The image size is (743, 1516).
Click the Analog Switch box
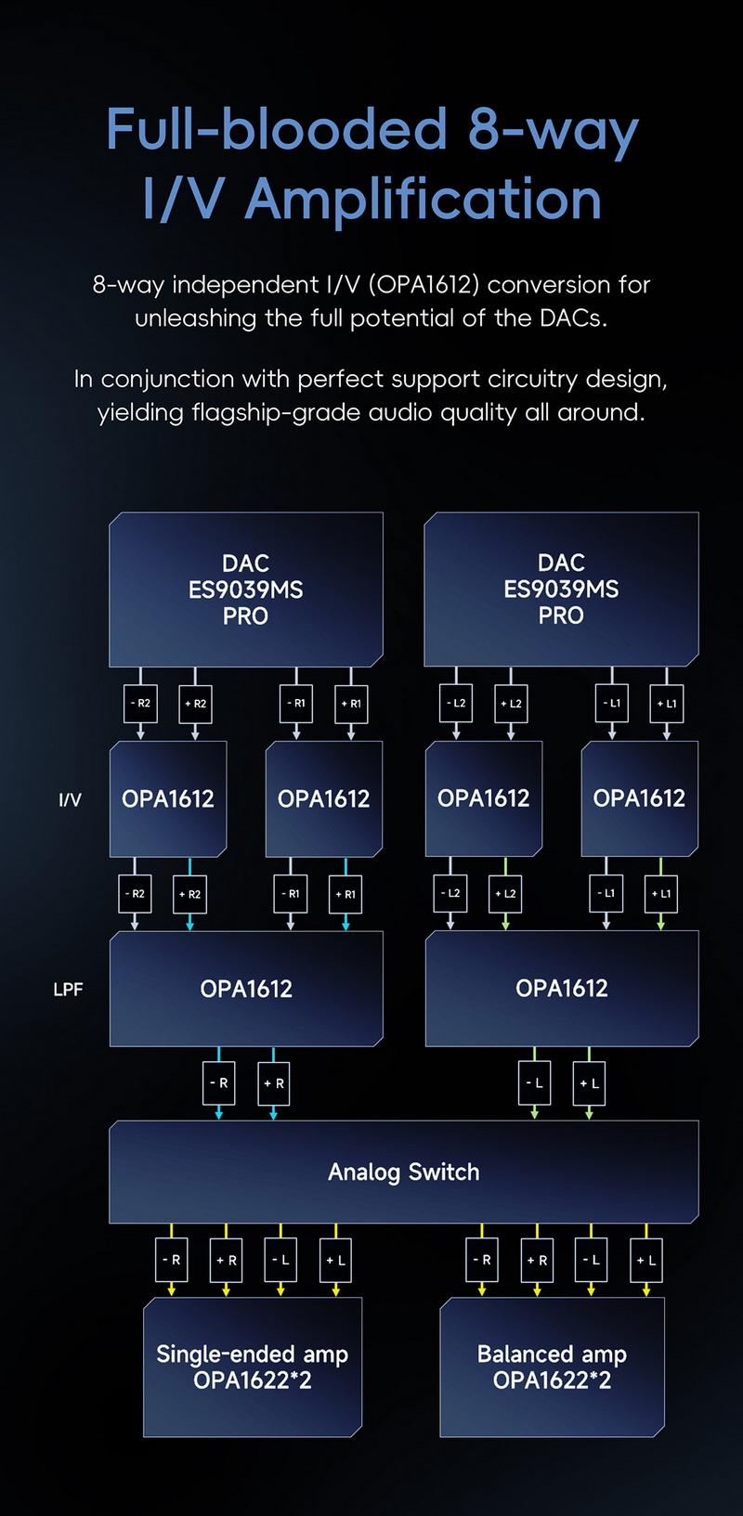[x=403, y=1172]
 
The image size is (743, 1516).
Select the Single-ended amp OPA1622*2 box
[x=252, y=1367]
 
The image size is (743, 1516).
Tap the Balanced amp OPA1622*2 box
[x=552, y=1367]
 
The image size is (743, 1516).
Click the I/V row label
[x=70, y=799]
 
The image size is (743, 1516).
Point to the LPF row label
[x=68, y=990]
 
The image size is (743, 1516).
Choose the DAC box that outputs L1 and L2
[x=561, y=589]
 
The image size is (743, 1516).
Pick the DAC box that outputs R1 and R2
[x=245, y=589]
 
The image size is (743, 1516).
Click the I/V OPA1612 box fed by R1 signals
[x=323, y=798]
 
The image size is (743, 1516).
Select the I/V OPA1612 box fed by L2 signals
[x=483, y=798]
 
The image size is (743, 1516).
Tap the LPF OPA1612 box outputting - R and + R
[x=246, y=989]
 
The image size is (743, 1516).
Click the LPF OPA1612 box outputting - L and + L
[x=561, y=989]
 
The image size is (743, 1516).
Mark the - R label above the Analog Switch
[x=219, y=1083]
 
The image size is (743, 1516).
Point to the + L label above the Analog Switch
[x=589, y=1083]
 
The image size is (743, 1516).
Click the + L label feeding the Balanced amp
[x=646, y=1261]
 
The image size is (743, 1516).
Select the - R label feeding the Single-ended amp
[x=172, y=1261]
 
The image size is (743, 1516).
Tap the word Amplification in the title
[x=423, y=200]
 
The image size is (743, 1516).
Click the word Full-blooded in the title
[x=277, y=129]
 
